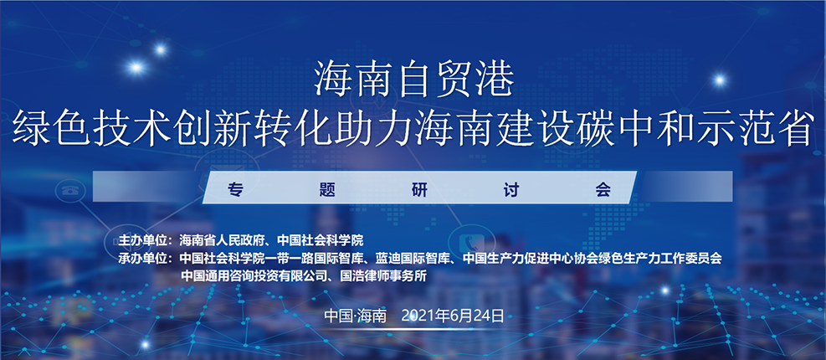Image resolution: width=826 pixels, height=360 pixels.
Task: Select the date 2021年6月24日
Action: (453, 316)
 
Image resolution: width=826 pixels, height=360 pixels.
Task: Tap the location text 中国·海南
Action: (356, 316)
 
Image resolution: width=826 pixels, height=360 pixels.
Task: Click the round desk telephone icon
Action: (68, 190)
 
